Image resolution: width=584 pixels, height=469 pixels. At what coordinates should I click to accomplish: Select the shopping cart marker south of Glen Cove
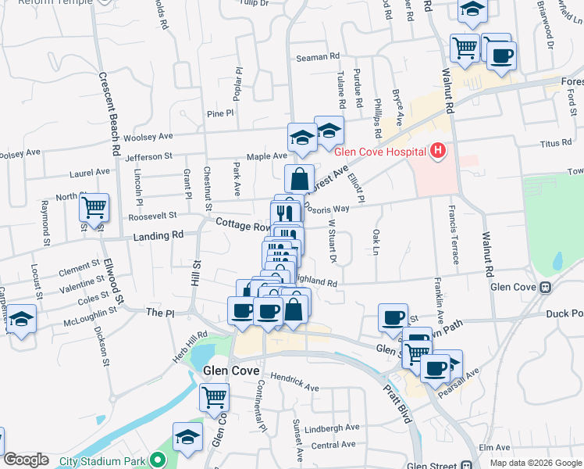pyautogui.click(x=214, y=396)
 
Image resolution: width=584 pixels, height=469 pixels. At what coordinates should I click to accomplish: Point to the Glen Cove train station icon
pyautogui.click(x=546, y=287)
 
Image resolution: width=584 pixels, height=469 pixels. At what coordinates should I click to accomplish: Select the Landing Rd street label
pyautogui.click(x=158, y=234)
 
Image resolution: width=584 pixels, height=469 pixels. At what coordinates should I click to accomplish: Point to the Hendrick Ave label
pyautogui.click(x=294, y=381)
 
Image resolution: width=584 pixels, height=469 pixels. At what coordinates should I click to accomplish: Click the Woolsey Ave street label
pyautogui.click(x=153, y=136)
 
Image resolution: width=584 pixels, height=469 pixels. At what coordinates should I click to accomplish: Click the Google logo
pyautogui.click(x=26, y=460)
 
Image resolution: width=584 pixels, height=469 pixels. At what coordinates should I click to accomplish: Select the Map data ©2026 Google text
pyautogui.click(x=535, y=463)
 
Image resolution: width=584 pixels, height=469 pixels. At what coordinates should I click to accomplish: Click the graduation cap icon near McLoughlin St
pyautogui.click(x=22, y=319)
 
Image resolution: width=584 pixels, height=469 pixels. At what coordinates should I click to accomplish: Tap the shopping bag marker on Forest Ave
pyautogui.click(x=300, y=179)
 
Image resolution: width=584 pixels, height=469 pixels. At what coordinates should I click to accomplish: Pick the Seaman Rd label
pyautogui.click(x=319, y=57)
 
